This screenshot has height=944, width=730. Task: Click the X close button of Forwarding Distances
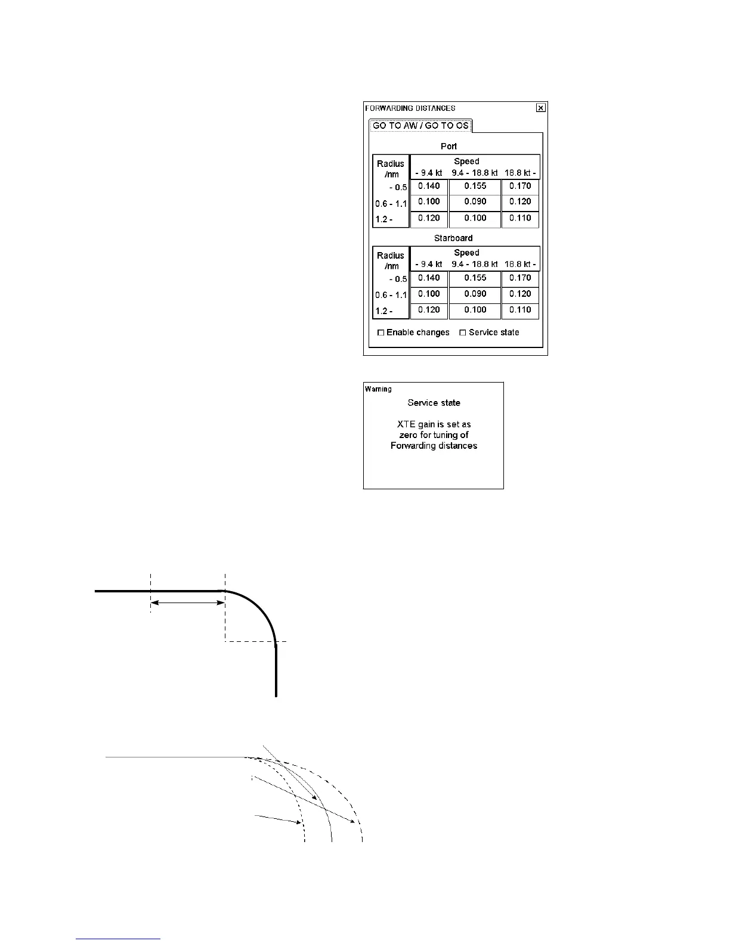coord(540,108)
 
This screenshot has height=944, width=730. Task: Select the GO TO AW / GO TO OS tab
coord(420,126)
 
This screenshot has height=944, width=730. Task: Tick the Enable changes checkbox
coord(381,333)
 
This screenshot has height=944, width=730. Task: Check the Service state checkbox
coord(463,333)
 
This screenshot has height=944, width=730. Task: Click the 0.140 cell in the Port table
coord(429,186)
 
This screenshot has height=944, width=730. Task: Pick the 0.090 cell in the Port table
coord(475,202)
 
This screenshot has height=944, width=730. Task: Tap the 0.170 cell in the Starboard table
coord(520,278)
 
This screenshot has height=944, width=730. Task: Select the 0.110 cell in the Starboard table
coord(520,310)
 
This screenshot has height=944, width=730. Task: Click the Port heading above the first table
coord(448,146)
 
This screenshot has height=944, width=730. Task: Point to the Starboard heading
coord(453,238)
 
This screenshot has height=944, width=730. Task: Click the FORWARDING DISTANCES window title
coord(410,108)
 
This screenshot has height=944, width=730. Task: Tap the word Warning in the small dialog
coord(378,389)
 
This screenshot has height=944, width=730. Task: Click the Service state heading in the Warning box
coord(434,403)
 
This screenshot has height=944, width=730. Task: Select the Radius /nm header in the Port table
coord(391,168)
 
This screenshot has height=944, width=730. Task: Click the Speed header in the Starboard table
coord(466,253)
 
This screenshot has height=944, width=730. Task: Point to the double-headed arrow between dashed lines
coord(188,603)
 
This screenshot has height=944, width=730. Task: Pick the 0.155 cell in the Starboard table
coord(475,278)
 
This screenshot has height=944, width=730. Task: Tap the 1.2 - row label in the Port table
coord(384,220)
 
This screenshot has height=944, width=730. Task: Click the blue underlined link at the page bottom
coord(119,938)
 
